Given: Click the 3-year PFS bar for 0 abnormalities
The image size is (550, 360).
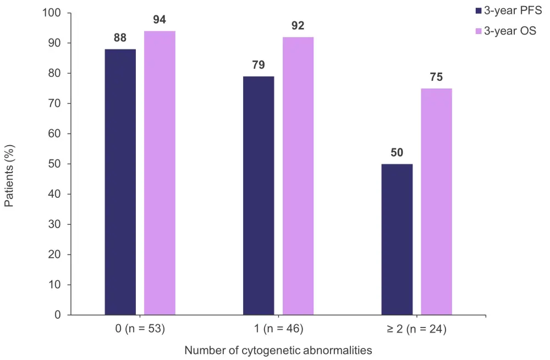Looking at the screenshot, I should point(120,182).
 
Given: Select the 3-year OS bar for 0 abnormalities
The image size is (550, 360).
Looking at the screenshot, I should point(159,173).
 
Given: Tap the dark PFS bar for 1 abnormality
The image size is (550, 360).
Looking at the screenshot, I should point(258,195).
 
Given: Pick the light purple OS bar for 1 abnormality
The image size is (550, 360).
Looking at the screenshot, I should point(298,176).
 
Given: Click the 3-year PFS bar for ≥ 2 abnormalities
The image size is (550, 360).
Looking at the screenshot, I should point(397,239).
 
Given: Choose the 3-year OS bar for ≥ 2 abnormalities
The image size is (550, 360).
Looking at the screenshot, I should point(436,201).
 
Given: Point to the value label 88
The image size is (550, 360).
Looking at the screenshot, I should point(120,38).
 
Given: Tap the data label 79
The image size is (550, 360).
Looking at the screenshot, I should point(258,65).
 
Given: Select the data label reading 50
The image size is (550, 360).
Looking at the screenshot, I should point(397,153).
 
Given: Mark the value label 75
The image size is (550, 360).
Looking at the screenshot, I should point(436,77).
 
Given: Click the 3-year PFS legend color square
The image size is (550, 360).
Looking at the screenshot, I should point(477,10).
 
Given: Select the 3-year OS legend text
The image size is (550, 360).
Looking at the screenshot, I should point(509,31).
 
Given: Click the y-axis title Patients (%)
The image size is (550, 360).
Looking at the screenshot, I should point(9,175).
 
